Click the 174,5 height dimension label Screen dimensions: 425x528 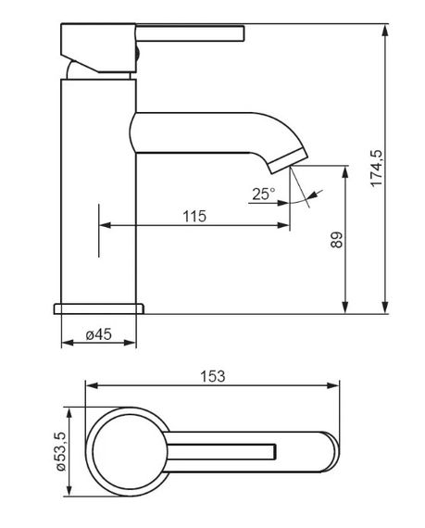click(377, 168)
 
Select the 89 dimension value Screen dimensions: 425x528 click(337, 240)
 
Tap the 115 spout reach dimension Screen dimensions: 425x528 click(194, 216)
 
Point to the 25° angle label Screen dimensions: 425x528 click(264, 194)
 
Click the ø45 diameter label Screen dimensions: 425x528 click(98, 334)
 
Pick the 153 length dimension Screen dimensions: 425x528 click(213, 376)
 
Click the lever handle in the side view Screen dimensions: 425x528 click(190, 33)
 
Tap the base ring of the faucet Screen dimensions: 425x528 click(99, 308)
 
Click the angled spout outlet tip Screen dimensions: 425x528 click(288, 161)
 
